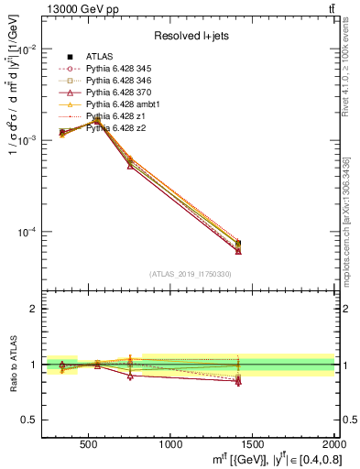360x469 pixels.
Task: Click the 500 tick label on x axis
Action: [x=89, y=445]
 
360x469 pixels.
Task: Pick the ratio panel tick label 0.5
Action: [x=29, y=420]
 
